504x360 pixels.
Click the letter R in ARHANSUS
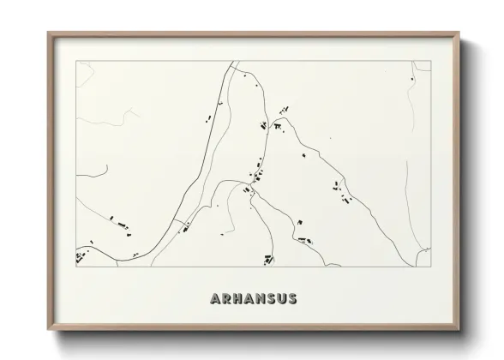tap(227, 299)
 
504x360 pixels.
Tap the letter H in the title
tap(239, 299)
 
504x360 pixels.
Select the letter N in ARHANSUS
tap(266, 299)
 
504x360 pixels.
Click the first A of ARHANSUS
tap(215, 299)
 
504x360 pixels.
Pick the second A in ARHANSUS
tap(253, 299)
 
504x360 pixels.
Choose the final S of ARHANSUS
tap(291, 299)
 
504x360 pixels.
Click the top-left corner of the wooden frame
tap(48, 33)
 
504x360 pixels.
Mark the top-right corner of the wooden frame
tap(459, 33)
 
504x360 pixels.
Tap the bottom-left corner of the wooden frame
tap(48, 331)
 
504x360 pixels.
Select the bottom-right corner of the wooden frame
tap(459, 331)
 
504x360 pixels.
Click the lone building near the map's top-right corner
tap(411, 80)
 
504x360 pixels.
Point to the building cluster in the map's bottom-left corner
tap(81, 256)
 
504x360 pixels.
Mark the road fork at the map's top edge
tap(233, 63)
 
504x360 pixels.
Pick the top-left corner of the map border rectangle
tap(76, 61)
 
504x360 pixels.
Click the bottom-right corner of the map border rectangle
tap(430, 267)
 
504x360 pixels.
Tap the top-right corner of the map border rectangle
tap(430, 61)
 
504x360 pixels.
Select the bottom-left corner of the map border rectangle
tap(76, 267)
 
